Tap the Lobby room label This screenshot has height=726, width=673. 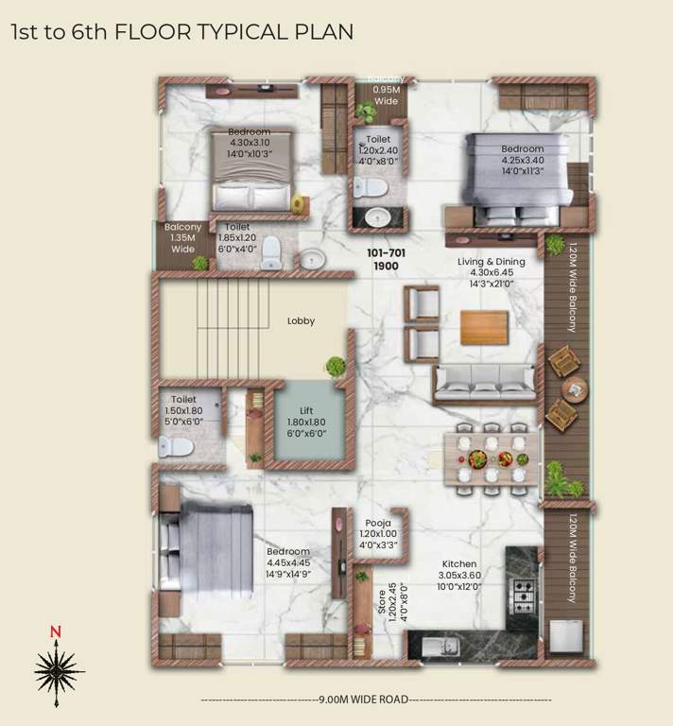tap(301, 321)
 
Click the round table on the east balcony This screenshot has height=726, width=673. tap(574, 389)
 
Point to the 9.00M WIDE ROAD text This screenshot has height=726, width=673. tap(376, 700)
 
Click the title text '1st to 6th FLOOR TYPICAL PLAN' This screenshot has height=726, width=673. tap(181, 32)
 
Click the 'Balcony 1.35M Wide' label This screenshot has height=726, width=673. tap(182, 238)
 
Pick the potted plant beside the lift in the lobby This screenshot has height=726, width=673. tap(335, 366)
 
